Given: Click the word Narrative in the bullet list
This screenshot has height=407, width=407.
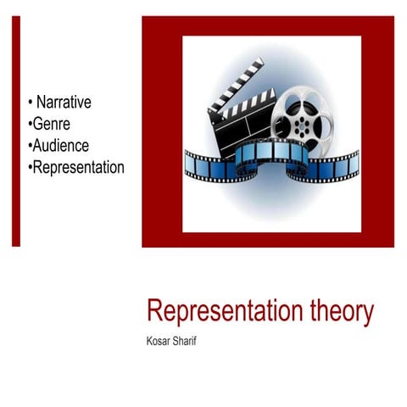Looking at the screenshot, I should pos(64,103).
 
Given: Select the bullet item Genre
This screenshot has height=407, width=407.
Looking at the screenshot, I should pos(52,124).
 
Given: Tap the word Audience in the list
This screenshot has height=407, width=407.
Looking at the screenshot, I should pos(60,145).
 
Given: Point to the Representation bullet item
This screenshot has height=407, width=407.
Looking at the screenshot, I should pos(78,167).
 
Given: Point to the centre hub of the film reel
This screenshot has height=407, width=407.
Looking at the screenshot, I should pos(304,120).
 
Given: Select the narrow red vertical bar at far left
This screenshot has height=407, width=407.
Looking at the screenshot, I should pos(15,131).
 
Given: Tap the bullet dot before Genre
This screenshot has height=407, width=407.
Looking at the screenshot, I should pos(31,125).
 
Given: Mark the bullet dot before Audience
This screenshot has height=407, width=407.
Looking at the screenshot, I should pos(31,146).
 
